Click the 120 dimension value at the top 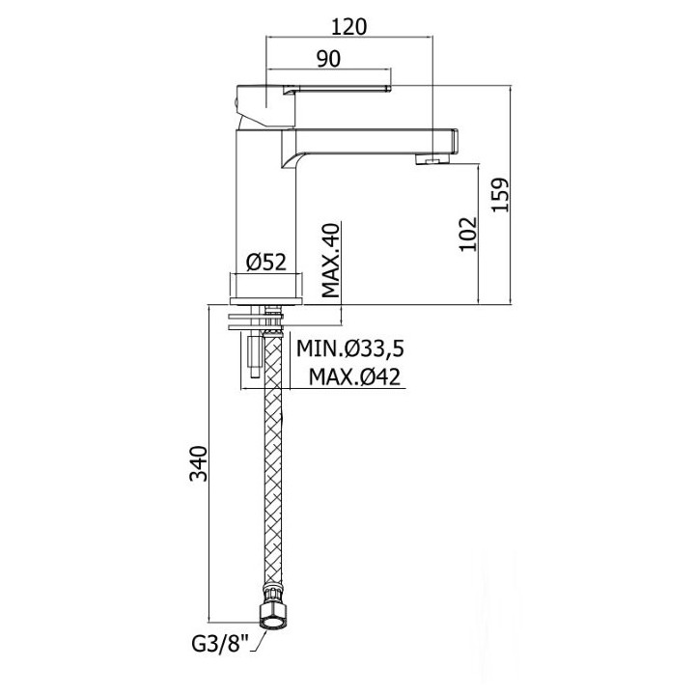(x=348, y=27)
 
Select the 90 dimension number (x=328, y=59)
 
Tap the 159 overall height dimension (x=501, y=195)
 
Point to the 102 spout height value (x=468, y=234)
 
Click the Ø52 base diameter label (x=266, y=263)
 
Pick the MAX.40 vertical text (x=330, y=261)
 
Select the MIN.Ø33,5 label (x=350, y=348)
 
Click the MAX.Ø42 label (x=354, y=377)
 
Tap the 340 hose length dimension (x=198, y=463)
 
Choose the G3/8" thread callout (x=220, y=644)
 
